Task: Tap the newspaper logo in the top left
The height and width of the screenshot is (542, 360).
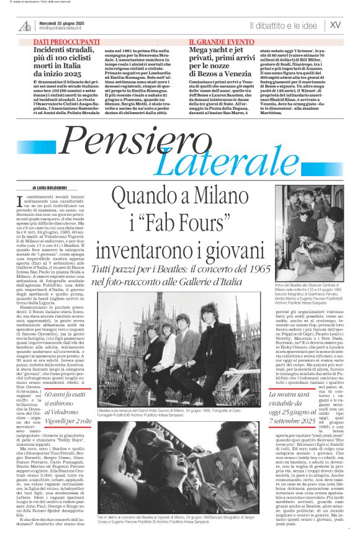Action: click(25, 25)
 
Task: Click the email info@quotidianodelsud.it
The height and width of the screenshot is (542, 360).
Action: click(65, 29)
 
